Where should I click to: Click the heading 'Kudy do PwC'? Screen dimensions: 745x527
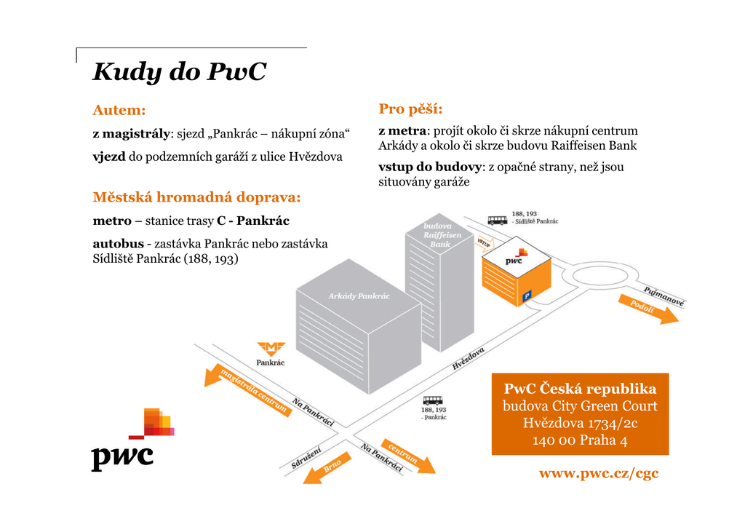click(x=179, y=72)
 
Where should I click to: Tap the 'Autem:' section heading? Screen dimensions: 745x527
click(x=119, y=110)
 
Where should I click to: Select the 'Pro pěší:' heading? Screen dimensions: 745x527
click(x=410, y=109)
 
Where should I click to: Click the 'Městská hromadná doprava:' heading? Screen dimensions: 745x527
click(x=196, y=197)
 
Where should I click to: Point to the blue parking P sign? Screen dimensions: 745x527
click(x=527, y=297)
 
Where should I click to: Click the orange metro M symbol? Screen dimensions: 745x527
click(x=271, y=349)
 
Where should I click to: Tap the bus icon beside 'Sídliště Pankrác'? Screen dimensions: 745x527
click(x=498, y=221)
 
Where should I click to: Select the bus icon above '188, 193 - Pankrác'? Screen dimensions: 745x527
click(x=433, y=400)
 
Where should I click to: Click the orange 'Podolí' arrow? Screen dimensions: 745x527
click(x=648, y=309)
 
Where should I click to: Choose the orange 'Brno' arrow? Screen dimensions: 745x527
click(x=327, y=468)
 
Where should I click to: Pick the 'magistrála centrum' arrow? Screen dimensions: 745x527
click(x=247, y=389)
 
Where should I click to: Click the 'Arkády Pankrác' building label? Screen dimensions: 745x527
click(x=359, y=296)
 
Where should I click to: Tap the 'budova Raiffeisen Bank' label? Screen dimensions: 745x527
click(x=442, y=235)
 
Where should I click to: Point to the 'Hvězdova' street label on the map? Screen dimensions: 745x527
click(x=468, y=358)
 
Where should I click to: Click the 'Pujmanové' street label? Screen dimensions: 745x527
click(x=664, y=296)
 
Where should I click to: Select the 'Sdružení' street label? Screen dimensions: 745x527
click(x=306, y=457)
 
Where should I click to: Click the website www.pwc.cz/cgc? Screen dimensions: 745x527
click(x=599, y=473)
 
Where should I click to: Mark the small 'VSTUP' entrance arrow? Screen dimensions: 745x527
click(x=485, y=243)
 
